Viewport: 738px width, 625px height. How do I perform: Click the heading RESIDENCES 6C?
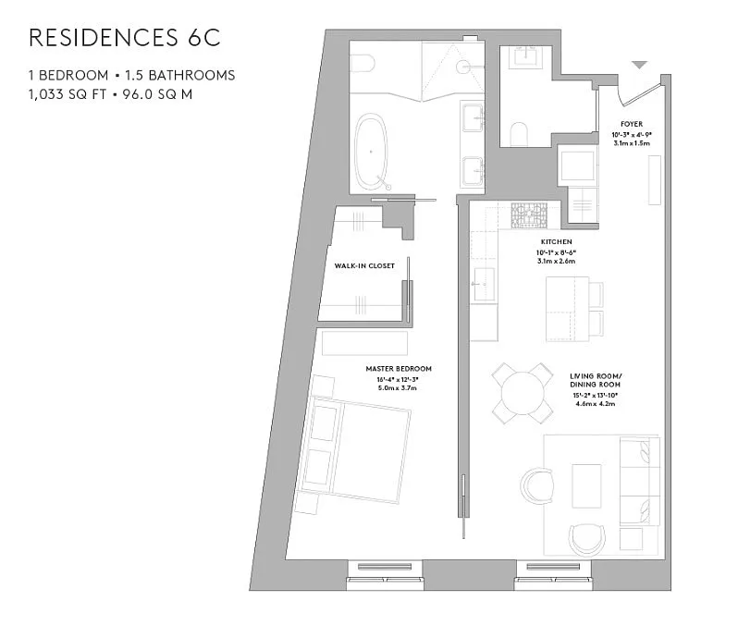(125, 38)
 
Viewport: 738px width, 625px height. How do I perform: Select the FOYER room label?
(632, 124)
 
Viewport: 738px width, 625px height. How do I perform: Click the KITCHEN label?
(556, 241)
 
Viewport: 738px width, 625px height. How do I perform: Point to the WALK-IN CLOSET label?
(364, 265)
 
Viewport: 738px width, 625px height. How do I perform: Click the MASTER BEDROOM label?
(398, 369)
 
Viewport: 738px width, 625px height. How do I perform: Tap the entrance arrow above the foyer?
(638, 65)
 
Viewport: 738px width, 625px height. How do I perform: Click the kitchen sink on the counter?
(481, 277)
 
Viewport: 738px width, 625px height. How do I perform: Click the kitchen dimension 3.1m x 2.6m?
(556, 262)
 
